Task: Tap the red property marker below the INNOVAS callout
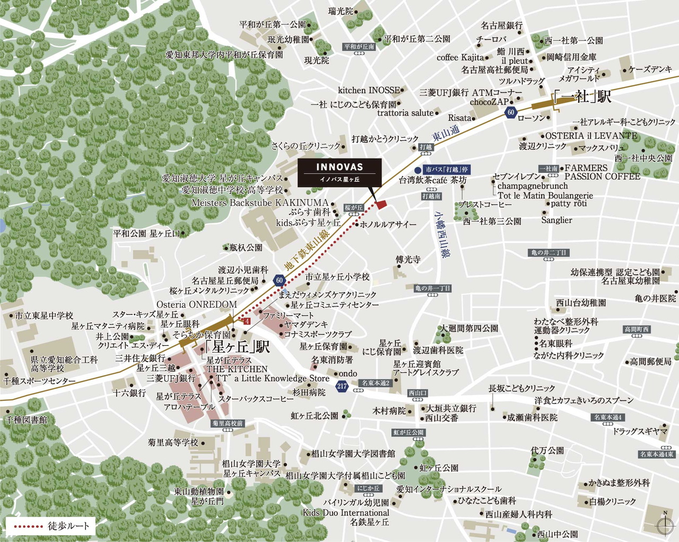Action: tap(381, 205)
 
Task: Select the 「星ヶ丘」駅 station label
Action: tap(237, 347)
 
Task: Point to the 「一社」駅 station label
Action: tap(581, 97)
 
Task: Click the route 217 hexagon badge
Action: tap(342, 386)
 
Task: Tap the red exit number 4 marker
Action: tap(246, 321)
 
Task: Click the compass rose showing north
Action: tap(665, 525)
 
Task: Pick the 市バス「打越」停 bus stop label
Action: tap(446, 170)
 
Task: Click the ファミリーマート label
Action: tap(289, 315)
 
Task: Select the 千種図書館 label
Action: tap(27, 419)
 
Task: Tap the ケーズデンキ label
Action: tap(650, 69)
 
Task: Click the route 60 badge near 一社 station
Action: tap(511, 112)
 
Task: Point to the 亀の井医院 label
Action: tap(655, 299)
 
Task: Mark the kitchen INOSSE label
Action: tap(369, 90)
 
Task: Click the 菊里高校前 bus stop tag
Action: tap(227, 423)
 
